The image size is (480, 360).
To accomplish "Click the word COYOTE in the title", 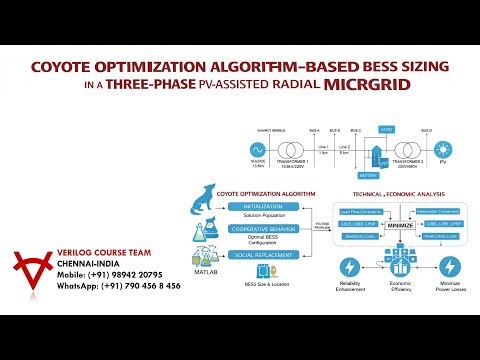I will click(63, 68).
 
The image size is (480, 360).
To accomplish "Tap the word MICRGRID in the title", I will click(366, 85).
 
